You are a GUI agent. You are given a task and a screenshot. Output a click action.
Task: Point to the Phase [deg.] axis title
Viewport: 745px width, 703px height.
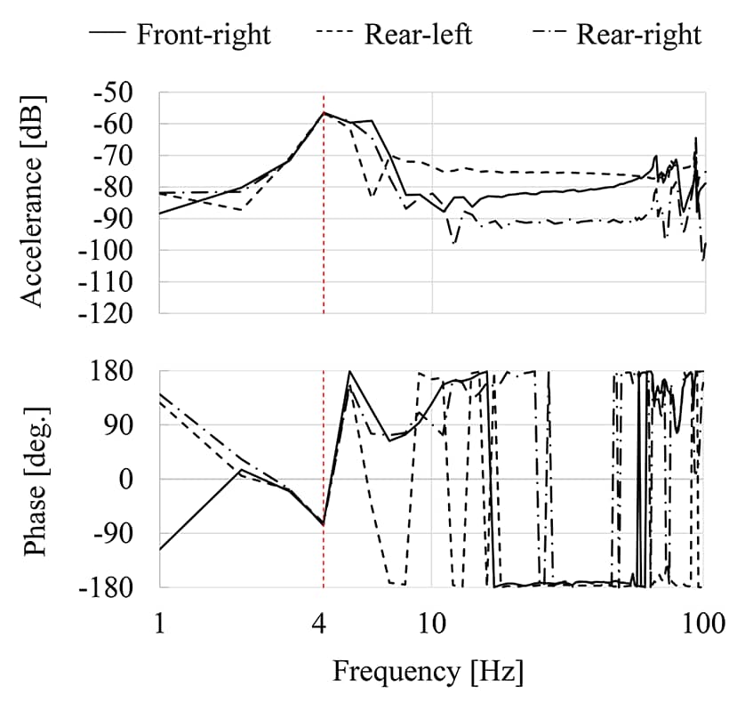[35, 479]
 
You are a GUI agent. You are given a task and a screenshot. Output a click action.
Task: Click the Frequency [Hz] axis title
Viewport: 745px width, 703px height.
[428, 670]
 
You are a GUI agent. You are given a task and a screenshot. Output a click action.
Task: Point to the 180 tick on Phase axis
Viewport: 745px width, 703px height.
[119, 371]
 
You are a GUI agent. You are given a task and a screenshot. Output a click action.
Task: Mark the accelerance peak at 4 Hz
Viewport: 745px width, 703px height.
[324, 113]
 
